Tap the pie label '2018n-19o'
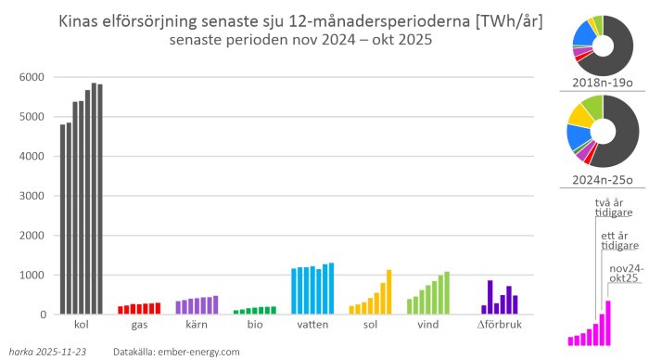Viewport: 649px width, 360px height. (x=603, y=84)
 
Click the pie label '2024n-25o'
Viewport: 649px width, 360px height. (x=603, y=179)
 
